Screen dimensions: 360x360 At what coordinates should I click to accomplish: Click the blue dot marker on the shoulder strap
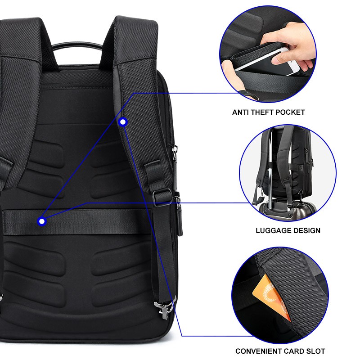pyautogui.click(x=123, y=121)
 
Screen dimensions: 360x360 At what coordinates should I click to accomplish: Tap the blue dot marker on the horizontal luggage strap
pyautogui.click(x=42, y=221)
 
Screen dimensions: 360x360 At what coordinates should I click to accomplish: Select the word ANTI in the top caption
pyautogui.click(x=240, y=112)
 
